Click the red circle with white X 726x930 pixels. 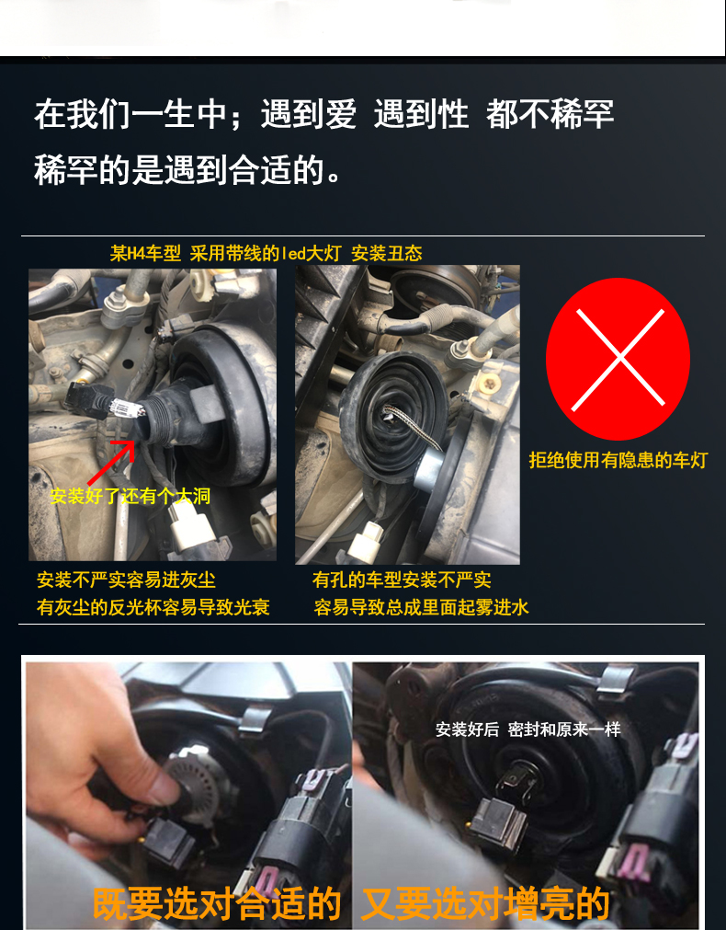pyautogui.click(x=618, y=359)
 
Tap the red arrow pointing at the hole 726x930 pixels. pyautogui.click(x=111, y=463)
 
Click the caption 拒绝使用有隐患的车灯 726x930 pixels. pyautogui.click(x=618, y=460)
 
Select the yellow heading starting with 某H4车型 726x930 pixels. pyautogui.click(x=267, y=253)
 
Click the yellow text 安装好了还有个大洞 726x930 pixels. pyautogui.click(x=130, y=496)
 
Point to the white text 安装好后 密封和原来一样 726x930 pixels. pyautogui.click(x=528, y=729)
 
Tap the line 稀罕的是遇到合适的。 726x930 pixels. pyautogui.click(x=187, y=169)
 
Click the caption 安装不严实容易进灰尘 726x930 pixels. pyautogui.click(x=126, y=580)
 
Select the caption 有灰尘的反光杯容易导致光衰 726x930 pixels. pyautogui.click(x=153, y=607)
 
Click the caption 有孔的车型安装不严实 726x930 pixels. pyautogui.click(x=402, y=580)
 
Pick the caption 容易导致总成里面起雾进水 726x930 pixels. pyautogui.click(x=421, y=607)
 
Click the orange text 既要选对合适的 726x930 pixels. pyautogui.click(x=216, y=903)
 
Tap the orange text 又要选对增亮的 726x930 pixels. pyautogui.click(x=485, y=903)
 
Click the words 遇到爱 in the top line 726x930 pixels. pyautogui.click(x=309, y=114)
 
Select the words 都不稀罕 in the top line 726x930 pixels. pyautogui.click(x=550, y=114)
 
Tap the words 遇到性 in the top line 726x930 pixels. pyautogui.click(x=422, y=114)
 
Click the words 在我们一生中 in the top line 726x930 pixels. pyautogui.click(x=130, y=114)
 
